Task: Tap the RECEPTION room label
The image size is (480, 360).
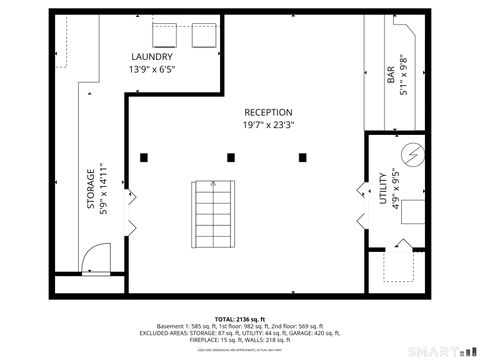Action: point(268,113)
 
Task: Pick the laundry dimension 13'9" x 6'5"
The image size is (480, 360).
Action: point(152,71)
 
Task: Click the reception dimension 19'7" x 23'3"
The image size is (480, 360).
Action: point(268,126)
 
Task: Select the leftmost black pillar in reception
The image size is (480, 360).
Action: point(145,157)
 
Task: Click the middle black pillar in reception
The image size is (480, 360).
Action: point(231,157)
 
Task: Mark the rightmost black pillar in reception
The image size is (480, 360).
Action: point(303,157)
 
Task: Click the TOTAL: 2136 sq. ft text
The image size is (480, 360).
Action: point(239,317)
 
